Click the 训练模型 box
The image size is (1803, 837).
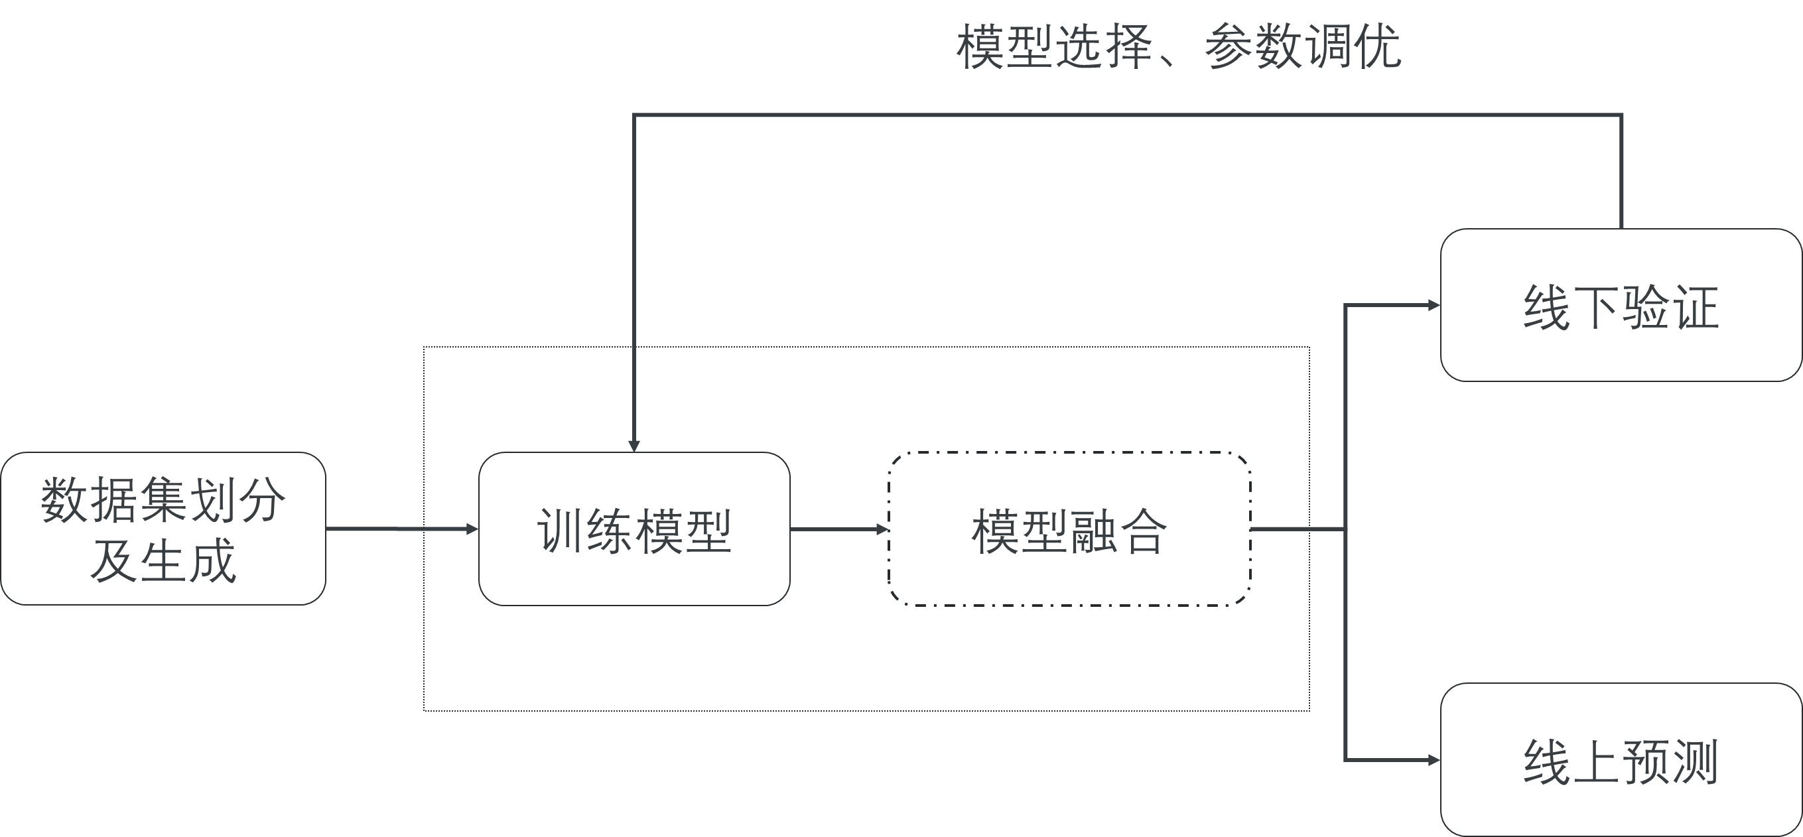634,529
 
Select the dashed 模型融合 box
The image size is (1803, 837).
1069,529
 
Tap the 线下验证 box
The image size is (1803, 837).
1621,305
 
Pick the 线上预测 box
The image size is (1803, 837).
1621,760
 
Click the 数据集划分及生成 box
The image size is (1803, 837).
163,529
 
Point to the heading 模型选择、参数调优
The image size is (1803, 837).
1179,48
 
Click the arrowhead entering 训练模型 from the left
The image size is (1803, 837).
472,529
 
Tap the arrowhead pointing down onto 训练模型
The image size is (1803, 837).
634,446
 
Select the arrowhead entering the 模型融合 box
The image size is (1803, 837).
883,529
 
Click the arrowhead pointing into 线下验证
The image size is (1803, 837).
1434,305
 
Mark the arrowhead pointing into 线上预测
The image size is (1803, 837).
1434,760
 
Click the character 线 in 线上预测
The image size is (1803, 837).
1546,761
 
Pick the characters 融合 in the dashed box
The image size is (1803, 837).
1118,532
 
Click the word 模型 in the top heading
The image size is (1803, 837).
1005,48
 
